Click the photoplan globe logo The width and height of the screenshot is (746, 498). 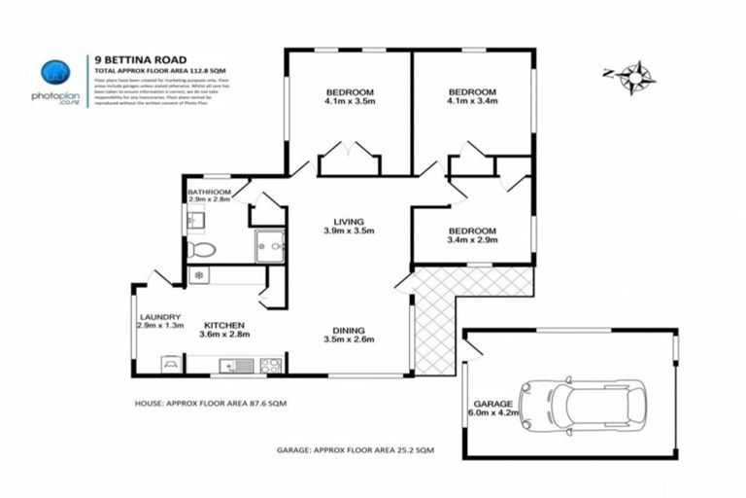point(55,73)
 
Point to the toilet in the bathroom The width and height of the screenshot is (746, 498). point(200,250)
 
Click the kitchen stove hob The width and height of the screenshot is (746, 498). point(270,366)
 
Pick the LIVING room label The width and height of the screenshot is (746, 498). point(349,220)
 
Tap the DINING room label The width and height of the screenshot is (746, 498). point(349,330)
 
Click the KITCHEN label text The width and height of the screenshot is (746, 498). point(223,324)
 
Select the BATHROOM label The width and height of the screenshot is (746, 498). point(210,193)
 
